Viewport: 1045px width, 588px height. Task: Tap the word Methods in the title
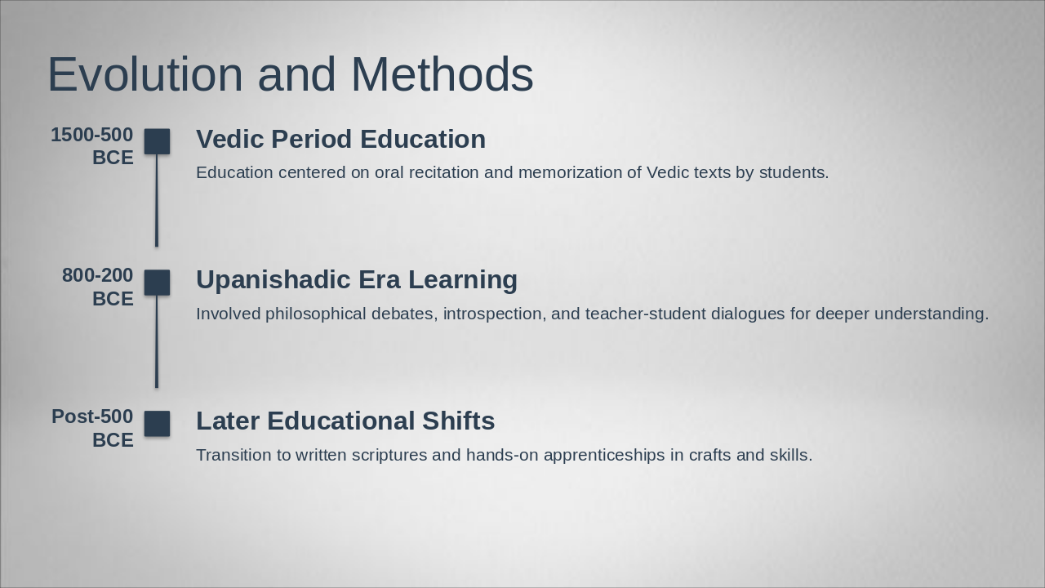(x=442, y=75)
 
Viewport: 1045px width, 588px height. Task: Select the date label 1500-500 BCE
(x=92, y=146)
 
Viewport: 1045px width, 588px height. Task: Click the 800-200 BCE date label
(x=98, y=287)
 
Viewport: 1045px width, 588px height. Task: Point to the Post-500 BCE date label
(x=92, y=428)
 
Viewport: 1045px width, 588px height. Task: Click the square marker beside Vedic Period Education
(x=158, y=141)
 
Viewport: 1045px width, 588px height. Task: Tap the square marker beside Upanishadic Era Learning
(x=158, y=283)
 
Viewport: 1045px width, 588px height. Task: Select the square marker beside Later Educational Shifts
(x=158, y=424)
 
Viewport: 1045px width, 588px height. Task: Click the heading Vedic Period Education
(x=340, y=140)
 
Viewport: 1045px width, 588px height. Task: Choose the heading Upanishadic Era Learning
(x=357, y=280)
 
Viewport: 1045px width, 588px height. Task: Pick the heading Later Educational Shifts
(x=345, y=421)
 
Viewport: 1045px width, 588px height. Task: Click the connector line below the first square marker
(x=157, y=200)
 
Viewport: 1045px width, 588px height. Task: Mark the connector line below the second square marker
(x=157, y=341)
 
